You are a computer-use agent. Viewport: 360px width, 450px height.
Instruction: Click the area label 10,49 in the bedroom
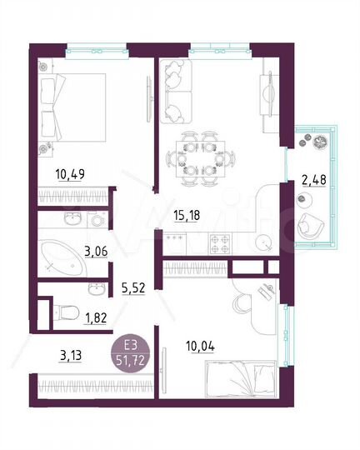point(70,174)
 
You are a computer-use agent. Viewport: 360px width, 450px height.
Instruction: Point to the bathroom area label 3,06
point(98,249)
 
